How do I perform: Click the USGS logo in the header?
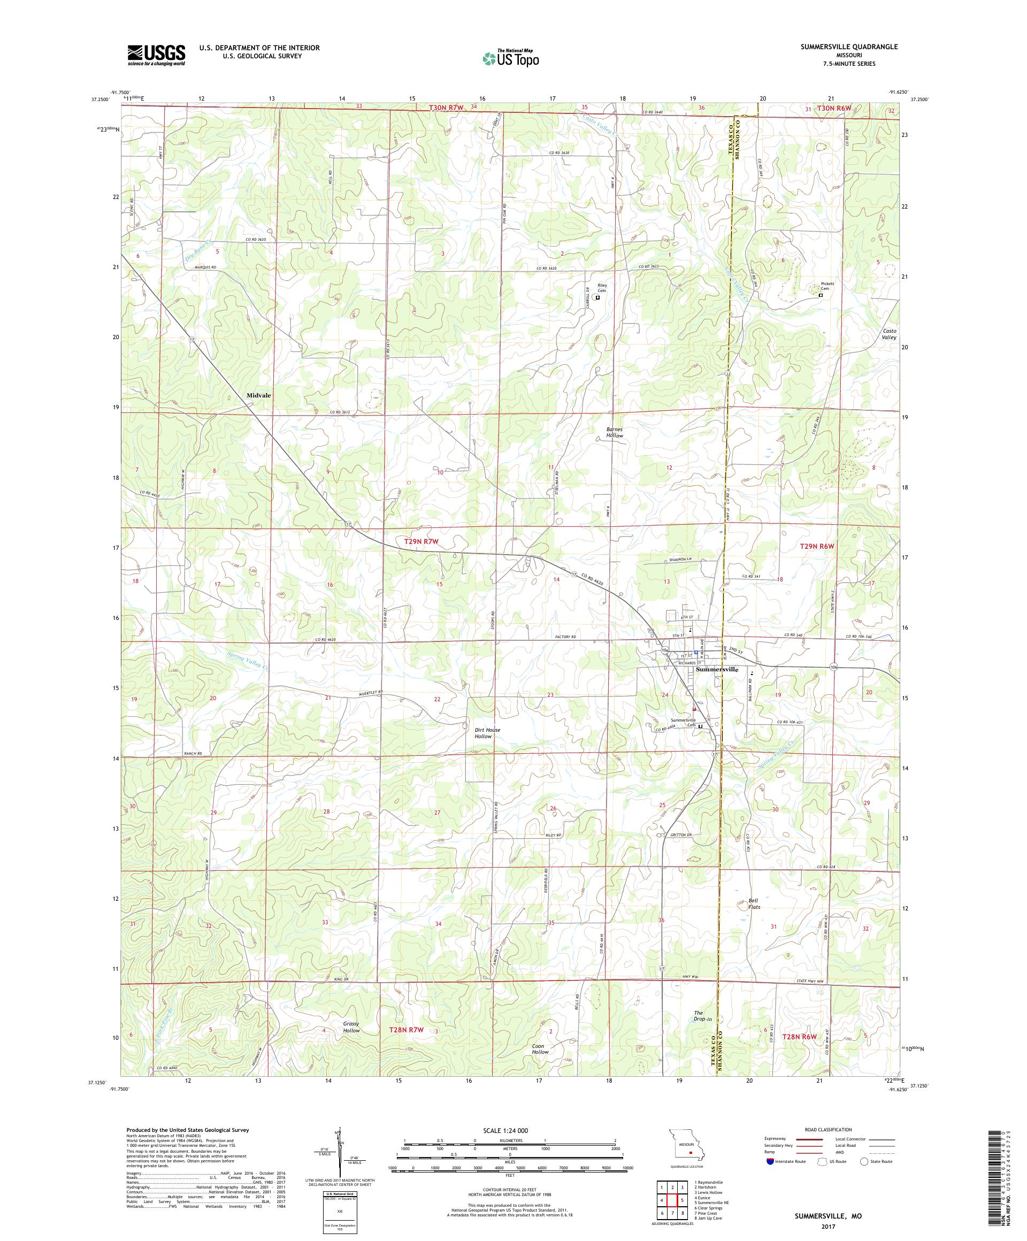(x=156, y=56)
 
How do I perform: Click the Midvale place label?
(x=259, y=395)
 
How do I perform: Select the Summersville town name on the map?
(x=717, y=670)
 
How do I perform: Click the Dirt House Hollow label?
(x=487, y=733)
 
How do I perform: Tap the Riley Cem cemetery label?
(x=602, y=288)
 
